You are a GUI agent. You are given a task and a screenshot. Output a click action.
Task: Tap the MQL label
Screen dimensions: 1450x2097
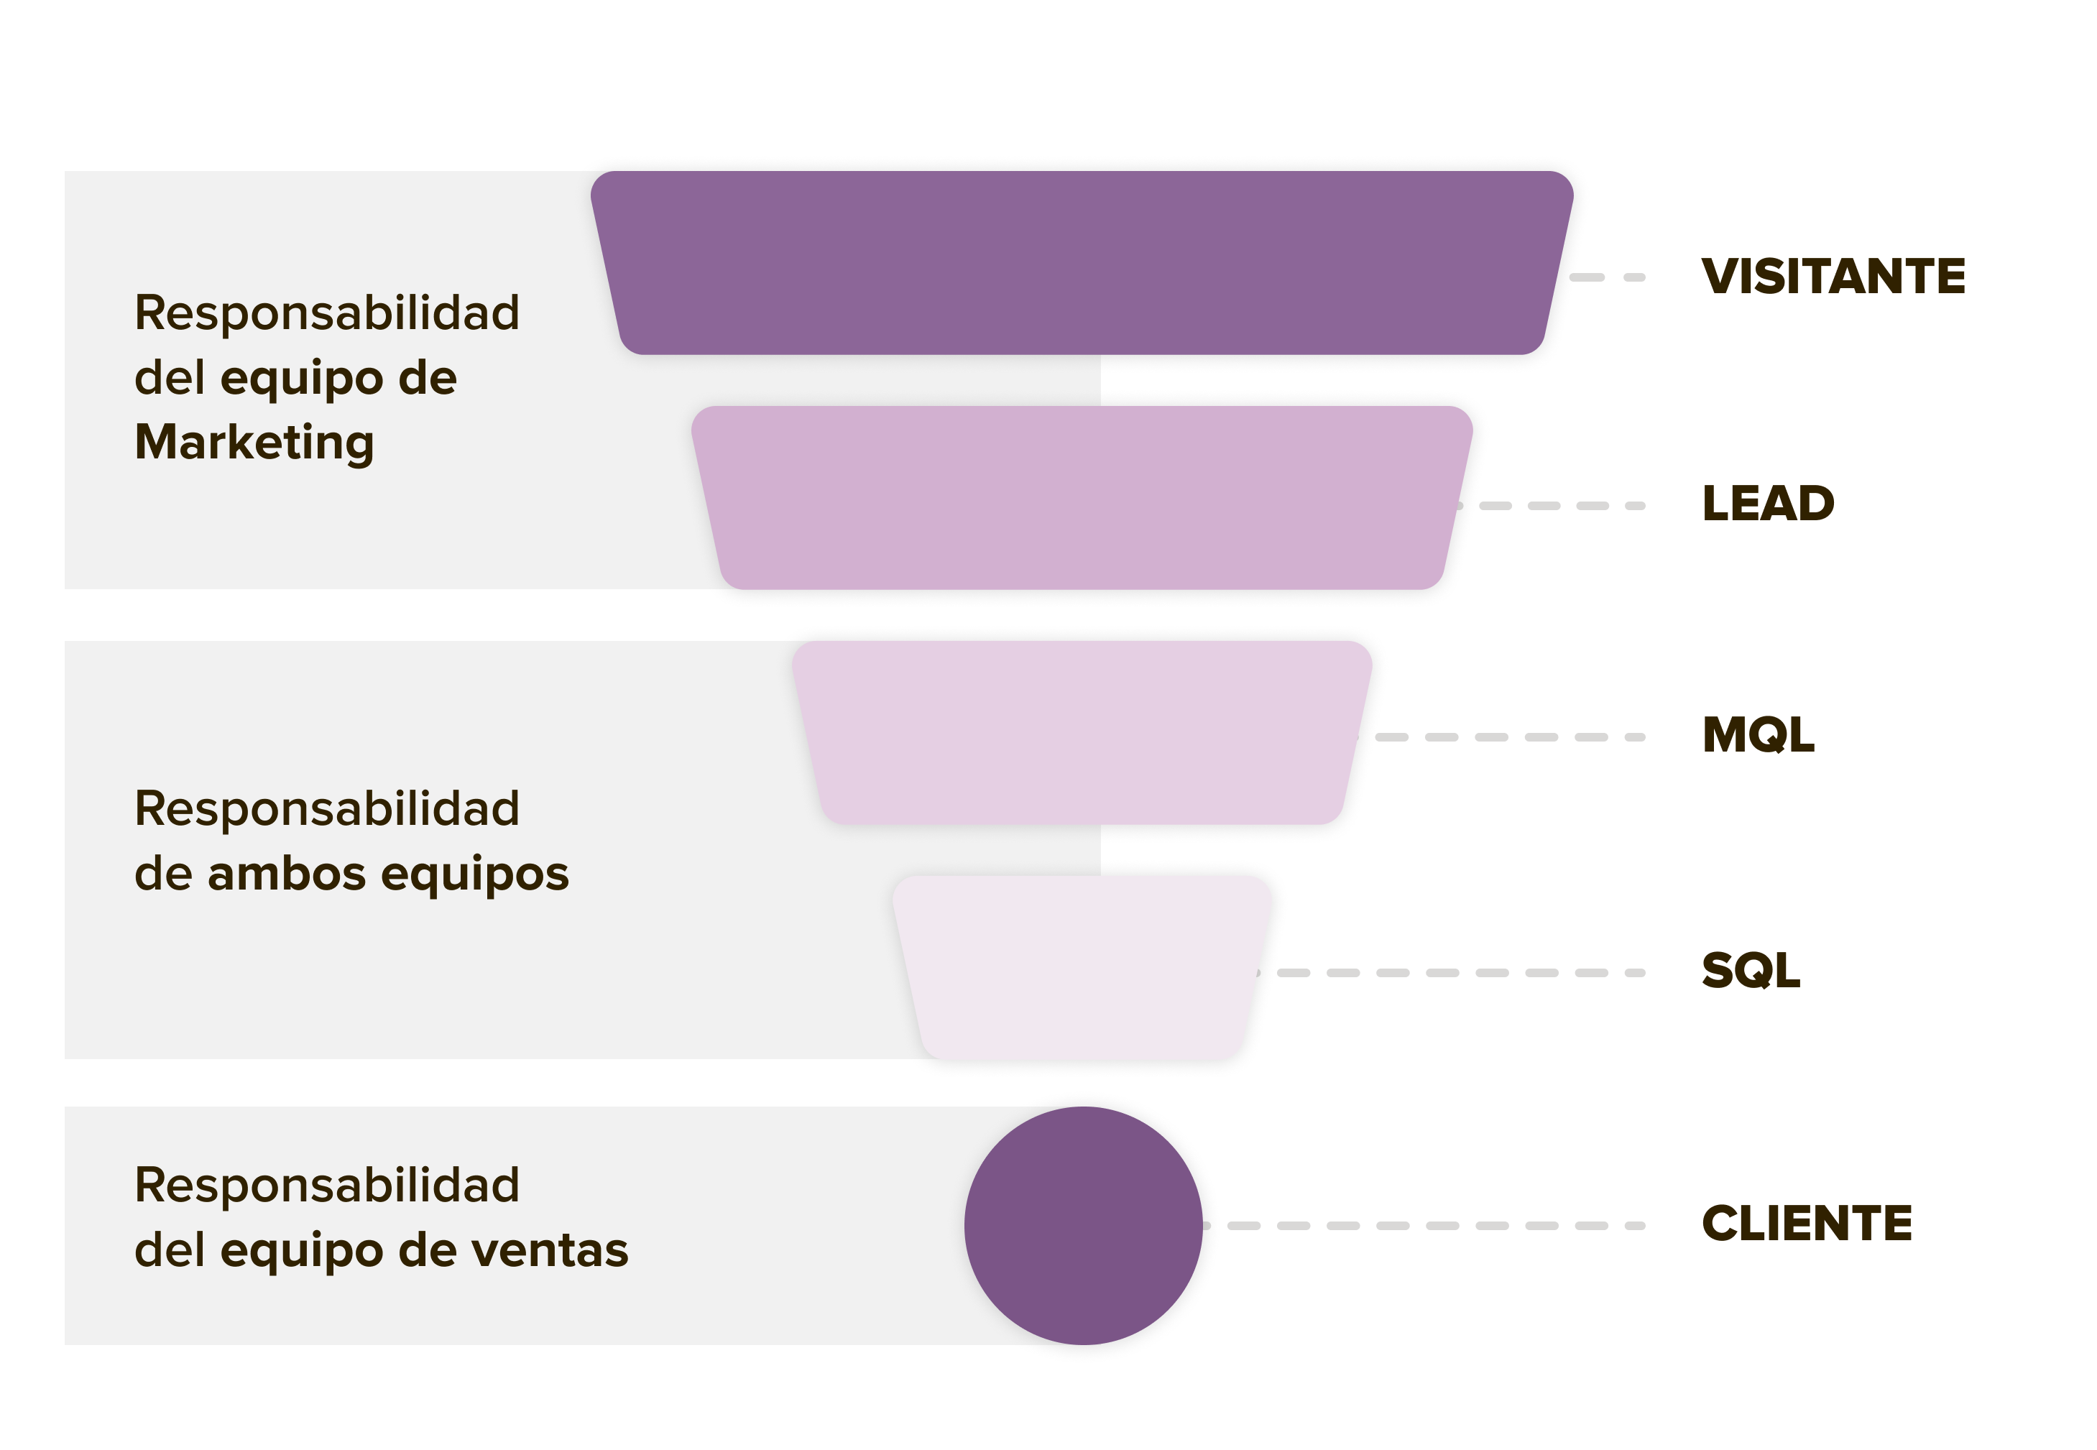[x=1757, y=735]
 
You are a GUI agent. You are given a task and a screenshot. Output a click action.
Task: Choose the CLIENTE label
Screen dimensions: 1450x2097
[x=1806, y=1223]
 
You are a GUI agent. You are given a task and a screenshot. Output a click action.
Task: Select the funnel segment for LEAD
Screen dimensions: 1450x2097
[x=1082, y=498]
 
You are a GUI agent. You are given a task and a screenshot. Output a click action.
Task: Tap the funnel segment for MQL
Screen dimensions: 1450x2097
[x=1082, y=732]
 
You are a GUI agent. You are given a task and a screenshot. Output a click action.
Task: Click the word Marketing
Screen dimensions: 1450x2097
[x=254, y=443]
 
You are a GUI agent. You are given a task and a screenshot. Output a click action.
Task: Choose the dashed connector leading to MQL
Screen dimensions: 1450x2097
[x=1508, y=736]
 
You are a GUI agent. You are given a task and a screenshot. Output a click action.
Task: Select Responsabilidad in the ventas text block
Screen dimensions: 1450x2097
[x=327, y=1186]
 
